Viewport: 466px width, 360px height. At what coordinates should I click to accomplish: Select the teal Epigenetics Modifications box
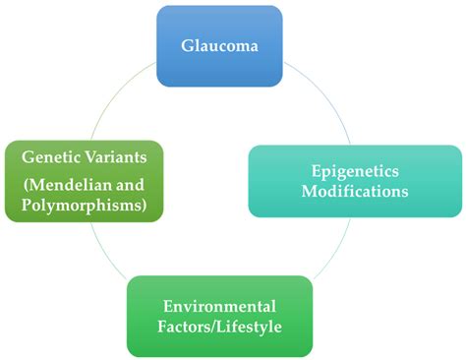point(355,181)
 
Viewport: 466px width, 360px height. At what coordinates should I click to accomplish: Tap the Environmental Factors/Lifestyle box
point(220,316)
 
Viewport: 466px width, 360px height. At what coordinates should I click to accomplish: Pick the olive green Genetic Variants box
point(84,180)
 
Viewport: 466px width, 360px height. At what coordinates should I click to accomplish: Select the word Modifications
point(356,191)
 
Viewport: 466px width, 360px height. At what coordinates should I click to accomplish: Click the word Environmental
point(220,305)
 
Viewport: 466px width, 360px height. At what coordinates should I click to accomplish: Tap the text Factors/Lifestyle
point(220,327)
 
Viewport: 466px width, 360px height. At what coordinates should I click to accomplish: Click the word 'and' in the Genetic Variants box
point(134,184)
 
